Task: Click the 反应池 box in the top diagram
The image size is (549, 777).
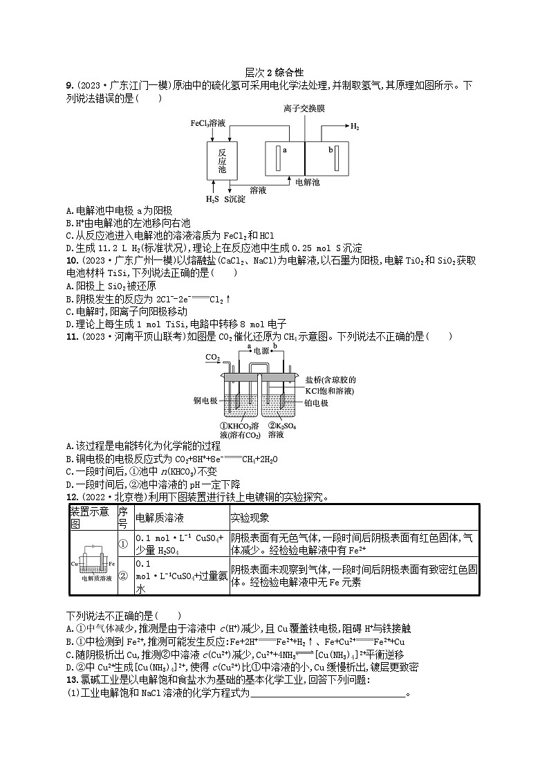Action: tap(221, 161)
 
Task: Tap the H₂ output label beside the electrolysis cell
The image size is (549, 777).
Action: tap(354, 127)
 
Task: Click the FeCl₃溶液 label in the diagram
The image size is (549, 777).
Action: tap(208, 123)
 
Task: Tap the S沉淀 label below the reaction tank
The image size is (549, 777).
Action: tap(235, 200)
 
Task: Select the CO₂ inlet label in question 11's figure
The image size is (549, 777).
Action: tap(212, 357)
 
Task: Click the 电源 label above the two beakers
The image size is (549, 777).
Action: tap(260, 351)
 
